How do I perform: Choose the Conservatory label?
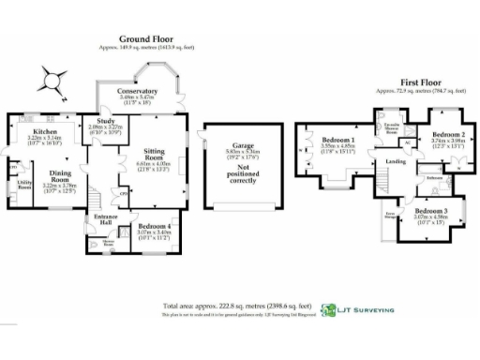point(139,91)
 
